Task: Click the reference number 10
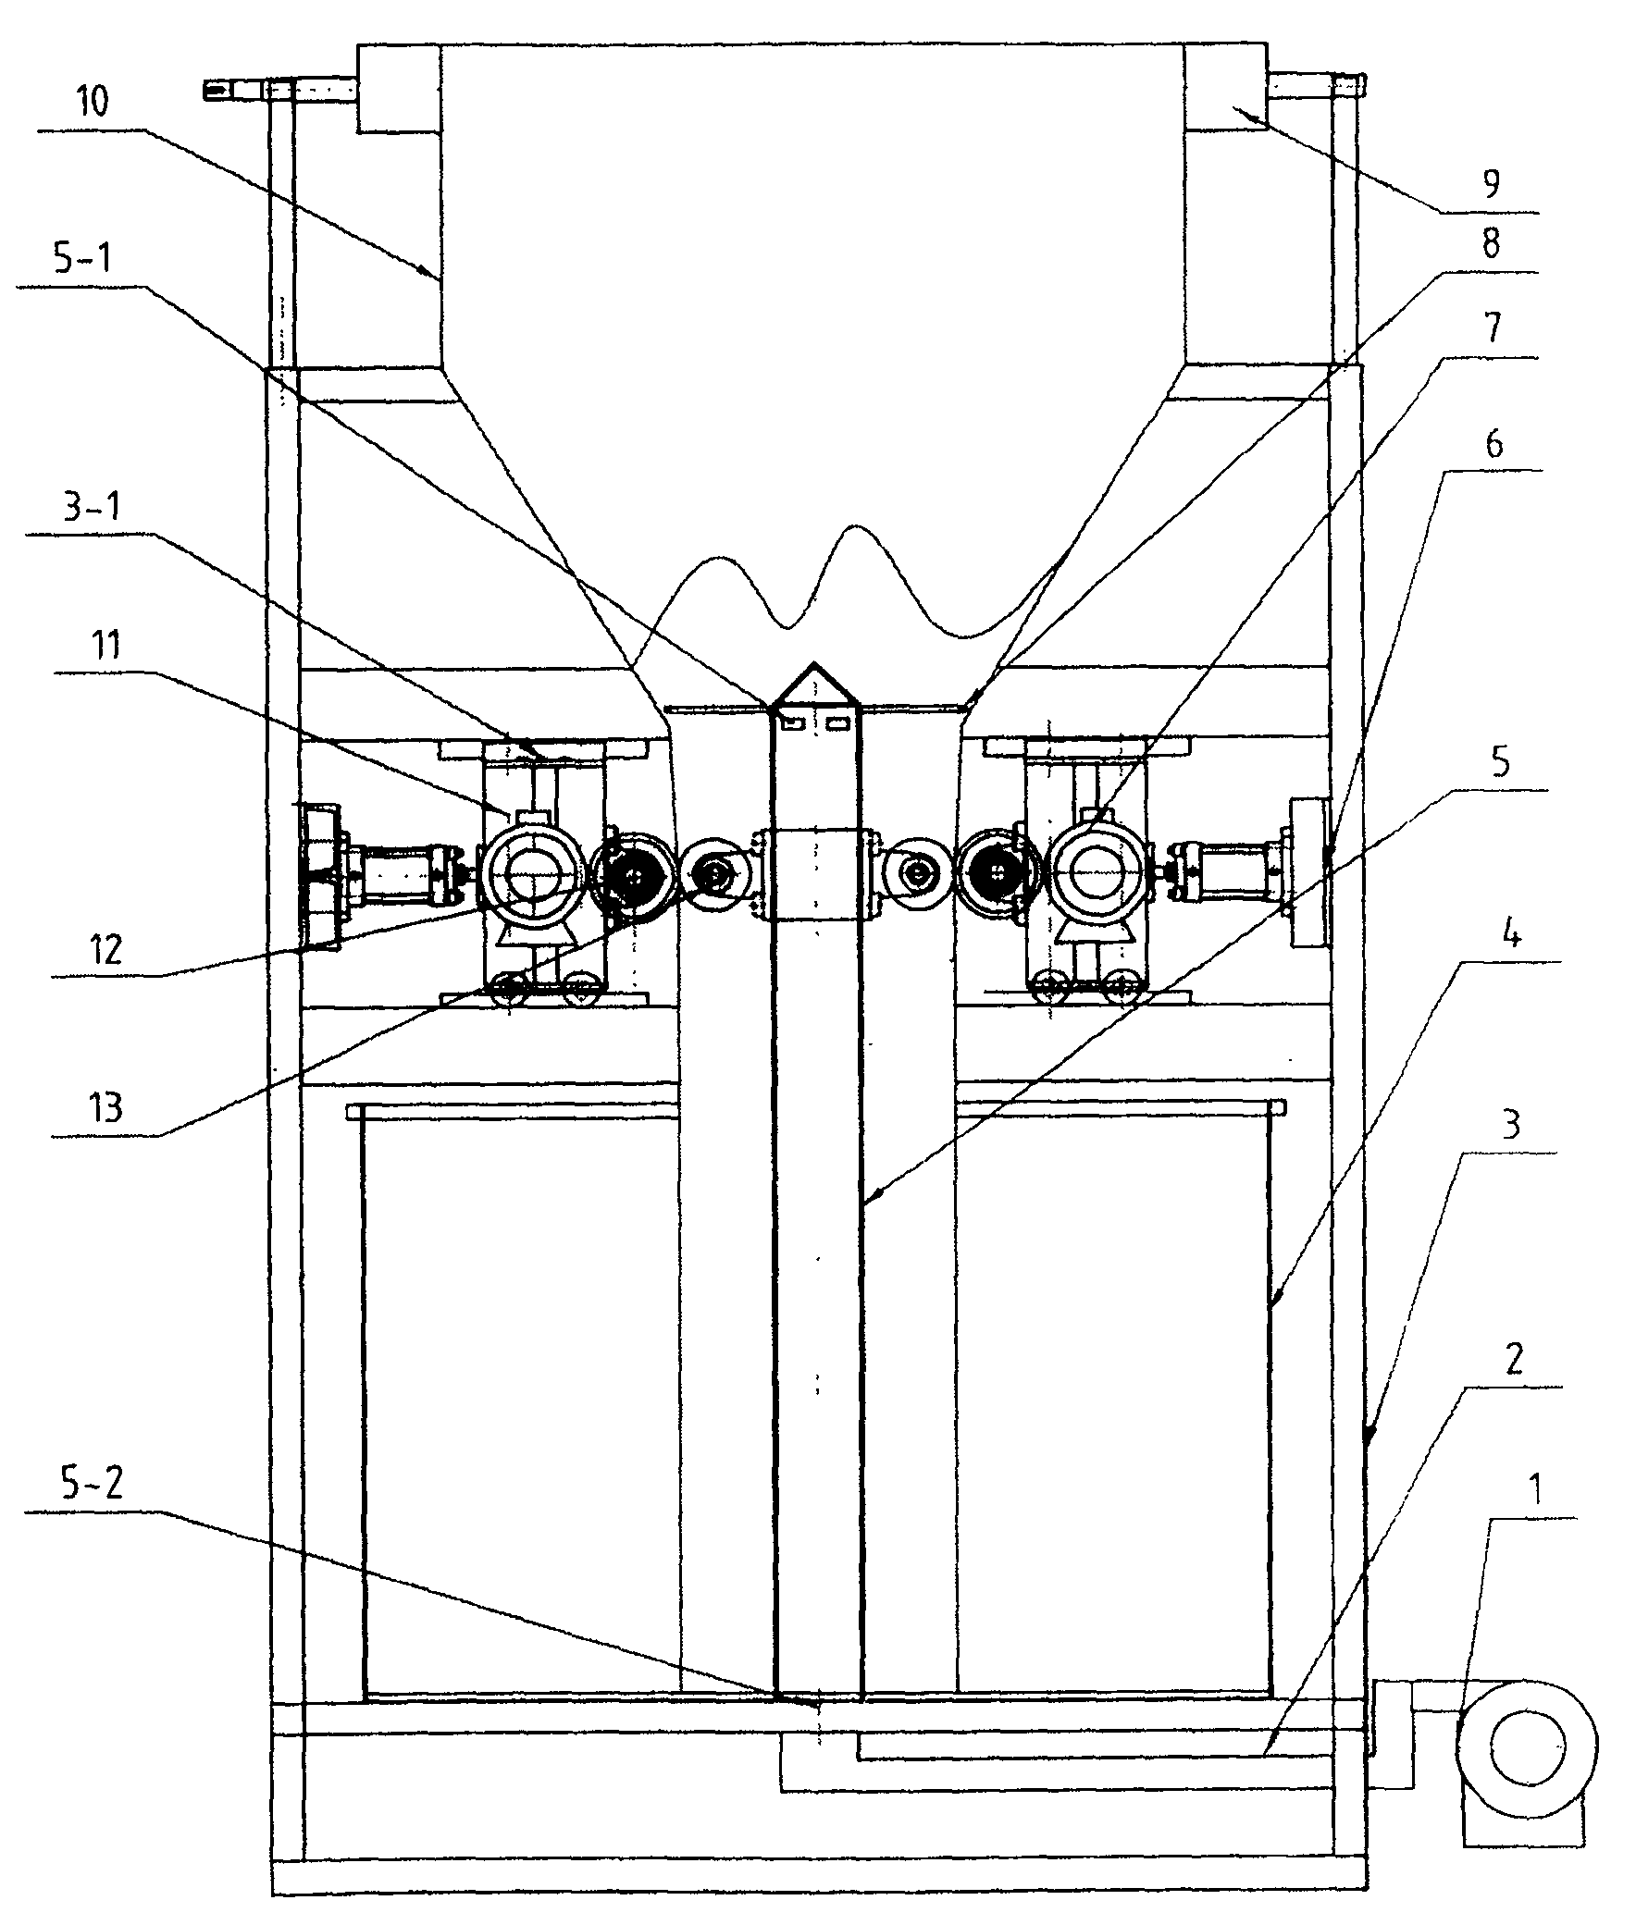coord(92,101)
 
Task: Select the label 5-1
coord(82,258)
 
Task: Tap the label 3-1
coord(92,508)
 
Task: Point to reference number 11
coord(105,645)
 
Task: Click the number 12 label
coord(105,949)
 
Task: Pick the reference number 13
coord(105,1107)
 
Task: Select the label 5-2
coord(91,1483)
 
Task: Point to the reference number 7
coord(1493,328)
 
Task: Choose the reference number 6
coord(1494,444)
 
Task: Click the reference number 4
coord(1511,934)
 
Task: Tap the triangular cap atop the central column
coord(813,684)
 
